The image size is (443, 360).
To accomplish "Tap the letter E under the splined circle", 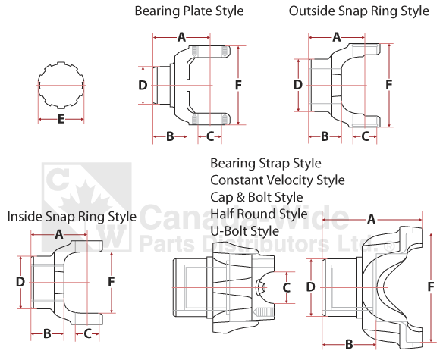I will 60,119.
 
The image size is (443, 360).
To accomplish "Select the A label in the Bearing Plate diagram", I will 181,36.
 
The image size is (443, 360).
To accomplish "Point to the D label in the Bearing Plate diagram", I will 143,86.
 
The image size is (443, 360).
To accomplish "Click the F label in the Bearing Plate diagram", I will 238,86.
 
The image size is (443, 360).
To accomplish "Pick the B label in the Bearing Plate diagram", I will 171,136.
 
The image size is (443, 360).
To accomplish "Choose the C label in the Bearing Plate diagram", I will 210,136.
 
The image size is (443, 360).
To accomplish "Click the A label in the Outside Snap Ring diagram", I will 337,36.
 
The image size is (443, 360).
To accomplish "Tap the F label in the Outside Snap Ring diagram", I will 389,86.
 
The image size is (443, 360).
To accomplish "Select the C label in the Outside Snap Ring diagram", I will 365,136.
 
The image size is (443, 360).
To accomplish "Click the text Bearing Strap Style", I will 265,164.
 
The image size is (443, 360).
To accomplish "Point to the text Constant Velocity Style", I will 278,180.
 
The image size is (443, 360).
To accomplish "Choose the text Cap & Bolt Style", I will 256,197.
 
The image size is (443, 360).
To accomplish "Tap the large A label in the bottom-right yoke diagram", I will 371,220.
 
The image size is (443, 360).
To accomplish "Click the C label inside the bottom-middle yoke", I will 286,287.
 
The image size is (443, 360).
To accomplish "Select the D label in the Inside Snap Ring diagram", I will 20,281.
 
